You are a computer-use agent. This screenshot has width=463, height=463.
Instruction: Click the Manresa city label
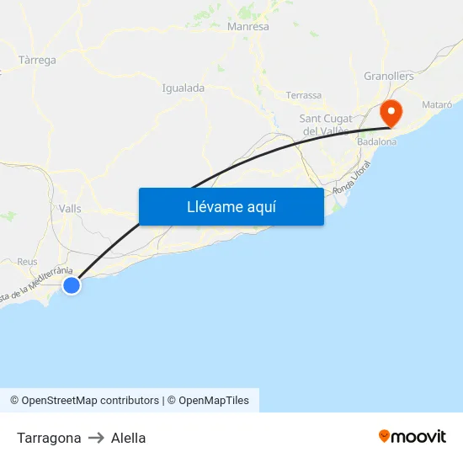click(248, 27)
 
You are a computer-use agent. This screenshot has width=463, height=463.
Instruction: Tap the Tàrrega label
click(37, 61)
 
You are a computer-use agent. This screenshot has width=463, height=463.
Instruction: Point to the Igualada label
click(183, 88)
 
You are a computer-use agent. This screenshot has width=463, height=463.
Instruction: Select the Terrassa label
click(304, 95)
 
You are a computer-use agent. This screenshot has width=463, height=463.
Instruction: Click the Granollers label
click(389, 76)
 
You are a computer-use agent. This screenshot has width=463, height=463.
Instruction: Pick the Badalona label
click(376, 142)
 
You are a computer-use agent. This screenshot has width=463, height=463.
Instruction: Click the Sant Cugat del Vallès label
click(325, 125)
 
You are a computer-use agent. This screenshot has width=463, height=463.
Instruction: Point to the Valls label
click(70, 208)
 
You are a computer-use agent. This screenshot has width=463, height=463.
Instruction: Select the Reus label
click(27, 262)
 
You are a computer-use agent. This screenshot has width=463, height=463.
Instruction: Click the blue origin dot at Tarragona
click(72, 285)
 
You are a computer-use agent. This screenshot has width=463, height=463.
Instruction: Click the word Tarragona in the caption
click(49, 438)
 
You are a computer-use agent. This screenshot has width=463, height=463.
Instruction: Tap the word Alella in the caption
click(128, 438)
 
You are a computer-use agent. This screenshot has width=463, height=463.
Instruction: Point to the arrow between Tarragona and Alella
click(96, 438)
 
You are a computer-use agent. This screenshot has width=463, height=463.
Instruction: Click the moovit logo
click(412, 436)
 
